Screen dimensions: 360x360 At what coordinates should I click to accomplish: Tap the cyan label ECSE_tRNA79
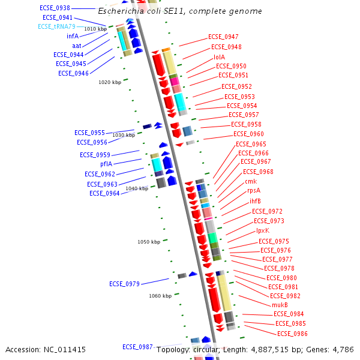tap(57, 26)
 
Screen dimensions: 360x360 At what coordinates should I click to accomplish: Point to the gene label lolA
tap(220, 57)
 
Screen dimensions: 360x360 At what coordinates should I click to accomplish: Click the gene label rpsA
tap(254, 191)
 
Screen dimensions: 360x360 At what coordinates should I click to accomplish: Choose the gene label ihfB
tap(255, 201)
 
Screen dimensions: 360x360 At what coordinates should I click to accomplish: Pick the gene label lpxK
tap(263, 230)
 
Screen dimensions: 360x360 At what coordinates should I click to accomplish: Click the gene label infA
tap(73, 36)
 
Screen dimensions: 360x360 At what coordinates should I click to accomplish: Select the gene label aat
tap(77, 46)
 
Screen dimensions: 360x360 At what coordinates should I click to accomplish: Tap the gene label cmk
tap(251, 181)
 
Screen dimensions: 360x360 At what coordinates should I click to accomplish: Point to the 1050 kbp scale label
tap(149, 242)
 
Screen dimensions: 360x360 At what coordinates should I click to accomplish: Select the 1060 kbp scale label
tap(160, 296)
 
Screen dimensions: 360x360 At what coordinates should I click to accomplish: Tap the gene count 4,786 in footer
tap(342, 349)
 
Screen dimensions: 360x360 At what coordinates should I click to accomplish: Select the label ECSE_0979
tap(124, 284)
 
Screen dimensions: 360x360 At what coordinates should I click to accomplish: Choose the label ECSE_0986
tap(292, 334)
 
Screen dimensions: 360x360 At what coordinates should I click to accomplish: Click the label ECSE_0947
tap(223, 37)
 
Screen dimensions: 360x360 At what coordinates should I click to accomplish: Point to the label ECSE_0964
tap(105, 193)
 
